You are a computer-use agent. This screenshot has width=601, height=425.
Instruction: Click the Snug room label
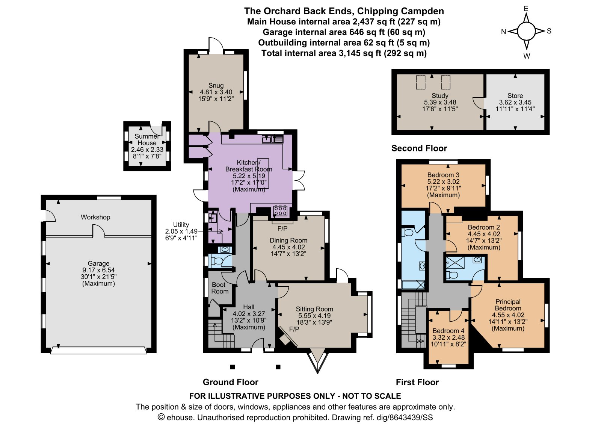click(216, 85)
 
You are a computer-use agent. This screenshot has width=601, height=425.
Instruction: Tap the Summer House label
click(147, 139)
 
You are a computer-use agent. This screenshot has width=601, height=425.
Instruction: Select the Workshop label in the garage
click(95, 217)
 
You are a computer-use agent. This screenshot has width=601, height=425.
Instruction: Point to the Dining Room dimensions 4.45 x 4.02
click(288, 247)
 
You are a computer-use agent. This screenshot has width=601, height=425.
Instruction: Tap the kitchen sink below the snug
click(272, 139)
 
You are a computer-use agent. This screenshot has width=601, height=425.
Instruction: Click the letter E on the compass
click(526, 9)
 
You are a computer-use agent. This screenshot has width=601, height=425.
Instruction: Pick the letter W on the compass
click(527, 56)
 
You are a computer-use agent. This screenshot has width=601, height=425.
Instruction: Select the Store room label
click(515, 95)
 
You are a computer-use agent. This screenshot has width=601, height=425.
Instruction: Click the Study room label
click(440, 95)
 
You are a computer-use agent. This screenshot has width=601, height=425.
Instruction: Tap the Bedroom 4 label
click(448, 331)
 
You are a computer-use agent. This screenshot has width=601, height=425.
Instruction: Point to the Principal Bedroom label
click(508, 305)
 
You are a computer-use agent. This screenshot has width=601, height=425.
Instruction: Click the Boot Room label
click(220, 288)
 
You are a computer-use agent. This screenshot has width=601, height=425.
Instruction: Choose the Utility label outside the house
click(181, 224)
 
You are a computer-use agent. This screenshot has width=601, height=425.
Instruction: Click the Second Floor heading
click(419, 148)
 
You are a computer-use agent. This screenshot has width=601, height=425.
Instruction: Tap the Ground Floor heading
click(231, 382)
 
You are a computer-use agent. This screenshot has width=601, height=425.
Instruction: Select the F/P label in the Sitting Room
click(294, 329)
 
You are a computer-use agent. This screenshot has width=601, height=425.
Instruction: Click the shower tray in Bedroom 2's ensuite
click(455, 263)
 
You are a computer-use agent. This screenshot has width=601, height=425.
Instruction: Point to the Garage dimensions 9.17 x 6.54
click(98, 270)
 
